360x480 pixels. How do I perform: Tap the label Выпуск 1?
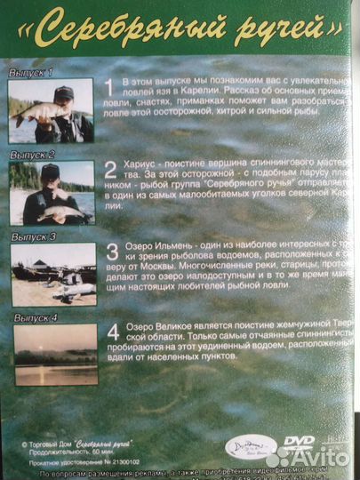tap(31, 72)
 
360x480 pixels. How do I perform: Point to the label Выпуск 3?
tap(34, 237)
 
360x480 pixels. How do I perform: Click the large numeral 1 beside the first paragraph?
tap(109, 87)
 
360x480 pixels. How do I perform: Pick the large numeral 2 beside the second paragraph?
tap(110, 171)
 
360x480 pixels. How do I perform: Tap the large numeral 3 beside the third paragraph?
tap(113, 252)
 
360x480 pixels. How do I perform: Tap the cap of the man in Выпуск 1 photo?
tap(63, 92)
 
